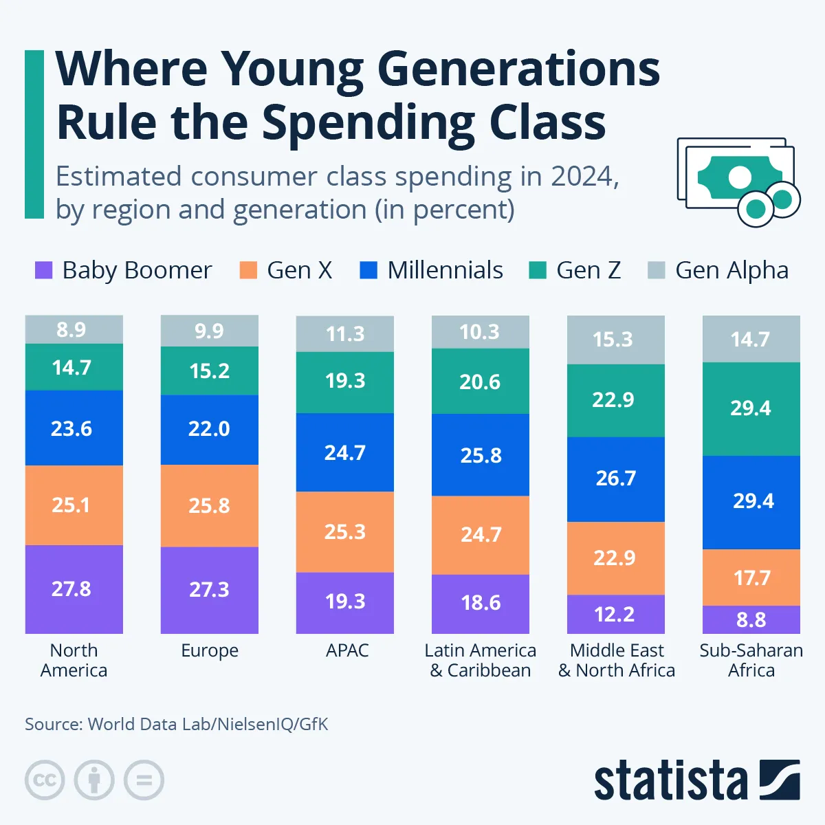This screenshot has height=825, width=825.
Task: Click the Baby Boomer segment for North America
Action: coord(74,589)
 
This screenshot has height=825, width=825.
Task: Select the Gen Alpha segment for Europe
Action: coord(210,331)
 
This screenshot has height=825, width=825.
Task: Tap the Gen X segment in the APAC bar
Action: coord(345,531)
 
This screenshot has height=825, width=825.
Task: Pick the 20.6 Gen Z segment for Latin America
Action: coord(481,382)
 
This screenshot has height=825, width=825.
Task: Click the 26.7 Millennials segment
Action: coord(616,478)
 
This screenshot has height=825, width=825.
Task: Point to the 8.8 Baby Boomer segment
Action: coord(751,619)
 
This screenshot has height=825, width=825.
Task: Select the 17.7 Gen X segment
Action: coord(751,577)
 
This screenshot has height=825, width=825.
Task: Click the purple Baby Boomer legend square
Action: coord(44,270)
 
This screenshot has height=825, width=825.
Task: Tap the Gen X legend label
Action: coord(299,270)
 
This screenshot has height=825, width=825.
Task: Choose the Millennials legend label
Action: coord(445,270)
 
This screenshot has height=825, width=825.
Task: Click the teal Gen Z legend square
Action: coord(538,270)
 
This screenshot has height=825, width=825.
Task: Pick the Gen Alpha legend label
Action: coord(731,270)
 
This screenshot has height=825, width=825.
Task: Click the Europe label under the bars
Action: coord(210,650)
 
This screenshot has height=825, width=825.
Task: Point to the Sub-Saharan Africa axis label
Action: coord(751,660)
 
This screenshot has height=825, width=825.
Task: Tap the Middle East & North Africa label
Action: coord(617,660)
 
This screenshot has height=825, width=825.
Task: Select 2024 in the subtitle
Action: coord(581,177)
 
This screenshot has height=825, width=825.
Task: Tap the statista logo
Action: coord(696,780)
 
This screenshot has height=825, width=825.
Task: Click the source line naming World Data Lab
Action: coord(177,724)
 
